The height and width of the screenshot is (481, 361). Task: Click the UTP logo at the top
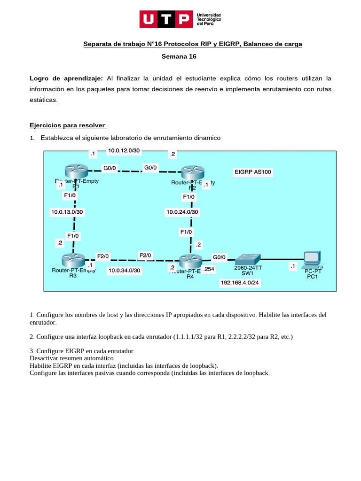[x=180, y=19]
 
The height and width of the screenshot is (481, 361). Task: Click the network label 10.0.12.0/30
[x=124, y=151]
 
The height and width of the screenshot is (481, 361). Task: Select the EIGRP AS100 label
[x=252, y=172]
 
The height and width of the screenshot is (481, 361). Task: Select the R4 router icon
[x=190, y=260]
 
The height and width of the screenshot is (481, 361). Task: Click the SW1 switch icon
[x=248, y=258]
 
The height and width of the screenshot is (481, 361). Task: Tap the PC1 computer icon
[x=312, y=257]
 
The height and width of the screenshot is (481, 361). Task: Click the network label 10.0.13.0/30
[x=67, y=212]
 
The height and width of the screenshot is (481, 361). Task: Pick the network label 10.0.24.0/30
[x=182, y=212]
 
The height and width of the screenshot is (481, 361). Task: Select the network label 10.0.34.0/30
[x=124, y=271]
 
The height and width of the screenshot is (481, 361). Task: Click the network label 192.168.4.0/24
[x=240, y=283]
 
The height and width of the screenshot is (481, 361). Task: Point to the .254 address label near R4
[x=209, y=268]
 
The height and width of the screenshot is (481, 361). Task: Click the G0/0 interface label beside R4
[x=220, y=257]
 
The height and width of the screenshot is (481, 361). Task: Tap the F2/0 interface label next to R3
[x=102, y=256]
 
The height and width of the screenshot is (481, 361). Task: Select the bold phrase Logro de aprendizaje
[x=66, y=78]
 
